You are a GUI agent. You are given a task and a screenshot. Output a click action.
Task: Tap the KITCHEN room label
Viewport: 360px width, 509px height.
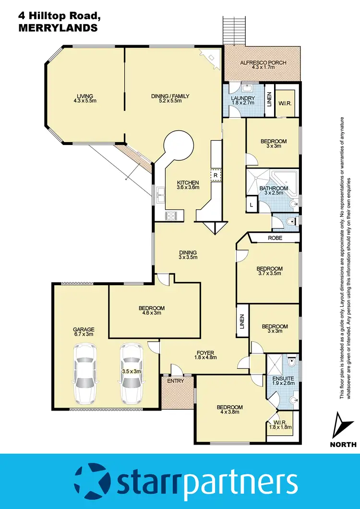tap(188, 183)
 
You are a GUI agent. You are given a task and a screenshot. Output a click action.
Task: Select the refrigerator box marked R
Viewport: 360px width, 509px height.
tap(216, 175)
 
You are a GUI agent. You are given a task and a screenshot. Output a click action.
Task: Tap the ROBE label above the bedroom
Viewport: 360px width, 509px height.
tap(275, 238)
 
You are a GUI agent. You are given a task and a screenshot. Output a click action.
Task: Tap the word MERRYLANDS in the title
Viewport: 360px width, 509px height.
tap(58, 28)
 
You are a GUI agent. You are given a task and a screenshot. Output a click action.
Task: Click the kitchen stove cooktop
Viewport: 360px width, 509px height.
tap(171, 216)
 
